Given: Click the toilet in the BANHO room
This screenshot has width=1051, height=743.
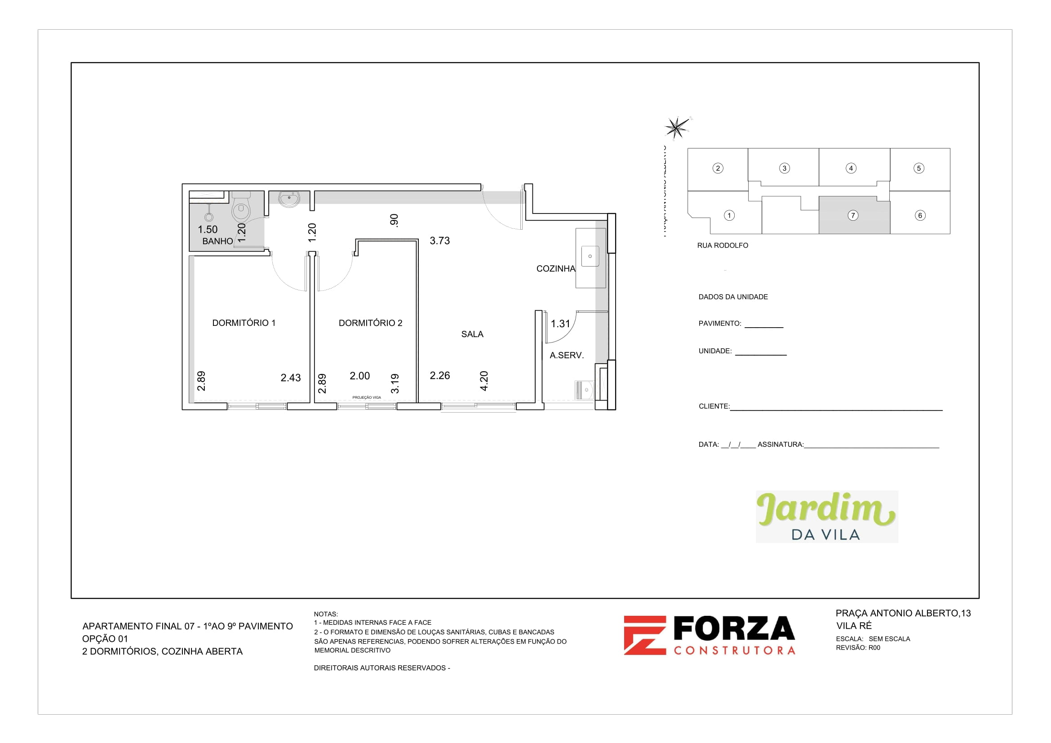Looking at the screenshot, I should (241, 208).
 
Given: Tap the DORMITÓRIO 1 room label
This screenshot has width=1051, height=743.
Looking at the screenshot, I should (244, 323).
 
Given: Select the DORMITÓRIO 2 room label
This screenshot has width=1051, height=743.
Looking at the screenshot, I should (370, 323).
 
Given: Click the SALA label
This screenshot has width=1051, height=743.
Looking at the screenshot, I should (472, 334).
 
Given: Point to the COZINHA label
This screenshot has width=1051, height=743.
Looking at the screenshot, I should (555, 269).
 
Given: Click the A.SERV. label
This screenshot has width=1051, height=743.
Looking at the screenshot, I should (566, 355).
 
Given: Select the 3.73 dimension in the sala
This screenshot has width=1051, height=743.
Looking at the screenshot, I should (439, 241).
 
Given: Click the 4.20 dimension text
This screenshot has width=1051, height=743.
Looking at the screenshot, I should (484, 381).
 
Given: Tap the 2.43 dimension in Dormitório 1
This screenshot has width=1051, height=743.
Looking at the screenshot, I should (290, 378).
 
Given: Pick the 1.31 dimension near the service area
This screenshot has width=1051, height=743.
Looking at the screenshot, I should (560, 324).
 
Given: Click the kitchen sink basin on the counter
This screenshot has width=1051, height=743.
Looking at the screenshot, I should (590, 256).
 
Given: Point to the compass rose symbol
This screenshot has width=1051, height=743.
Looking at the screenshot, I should (677, 127).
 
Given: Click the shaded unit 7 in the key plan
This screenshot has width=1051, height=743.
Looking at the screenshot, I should (853, 215).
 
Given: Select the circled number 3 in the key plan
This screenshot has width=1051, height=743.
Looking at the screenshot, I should (784, 168).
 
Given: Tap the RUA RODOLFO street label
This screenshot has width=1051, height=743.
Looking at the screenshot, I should (723, 245).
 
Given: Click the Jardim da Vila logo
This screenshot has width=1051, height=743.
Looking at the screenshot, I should (826, 516).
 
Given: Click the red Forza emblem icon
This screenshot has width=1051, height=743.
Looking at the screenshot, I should (644, 635).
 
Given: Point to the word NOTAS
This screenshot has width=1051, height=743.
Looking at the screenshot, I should (325, 614).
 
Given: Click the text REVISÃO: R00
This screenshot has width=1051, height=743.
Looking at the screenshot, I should (857, 648).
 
